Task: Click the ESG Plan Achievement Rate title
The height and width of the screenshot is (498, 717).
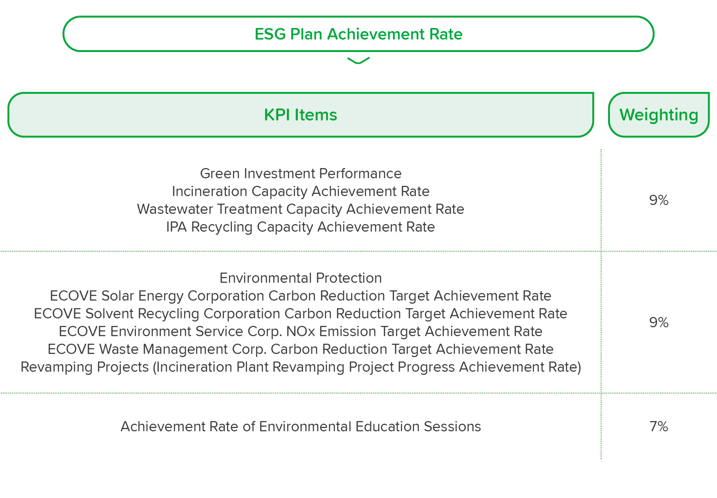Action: click(358, 34)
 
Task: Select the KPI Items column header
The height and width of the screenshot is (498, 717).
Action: click(301, 115)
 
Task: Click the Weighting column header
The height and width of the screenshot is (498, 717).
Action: click(659, 115)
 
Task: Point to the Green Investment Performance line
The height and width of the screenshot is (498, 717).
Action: click(301, 173)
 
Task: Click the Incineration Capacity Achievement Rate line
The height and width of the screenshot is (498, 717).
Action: click(301, 191)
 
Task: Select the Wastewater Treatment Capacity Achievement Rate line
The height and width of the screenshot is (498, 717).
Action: click(301, 209)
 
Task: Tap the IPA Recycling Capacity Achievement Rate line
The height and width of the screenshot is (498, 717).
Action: click(301, 227)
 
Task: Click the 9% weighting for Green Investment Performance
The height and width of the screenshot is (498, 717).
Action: click(659, 200)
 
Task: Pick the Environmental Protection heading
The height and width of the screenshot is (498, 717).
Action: click(301, 278)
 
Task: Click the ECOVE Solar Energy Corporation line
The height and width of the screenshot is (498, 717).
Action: click(301, 296)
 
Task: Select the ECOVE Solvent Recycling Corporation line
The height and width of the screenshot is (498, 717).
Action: click(301, 313)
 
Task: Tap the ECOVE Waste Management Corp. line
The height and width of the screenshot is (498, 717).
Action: click(301, 349)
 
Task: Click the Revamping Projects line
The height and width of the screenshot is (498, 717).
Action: click(301, 367)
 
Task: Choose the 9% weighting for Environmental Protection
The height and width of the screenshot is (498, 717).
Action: click(659, 322)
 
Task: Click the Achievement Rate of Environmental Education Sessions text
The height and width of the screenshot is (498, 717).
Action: click(301, 426)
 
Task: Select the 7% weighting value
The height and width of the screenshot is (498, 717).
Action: click(659, 426)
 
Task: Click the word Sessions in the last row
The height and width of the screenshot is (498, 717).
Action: click(452, 426)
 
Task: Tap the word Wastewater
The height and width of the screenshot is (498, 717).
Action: click(175, 209)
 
